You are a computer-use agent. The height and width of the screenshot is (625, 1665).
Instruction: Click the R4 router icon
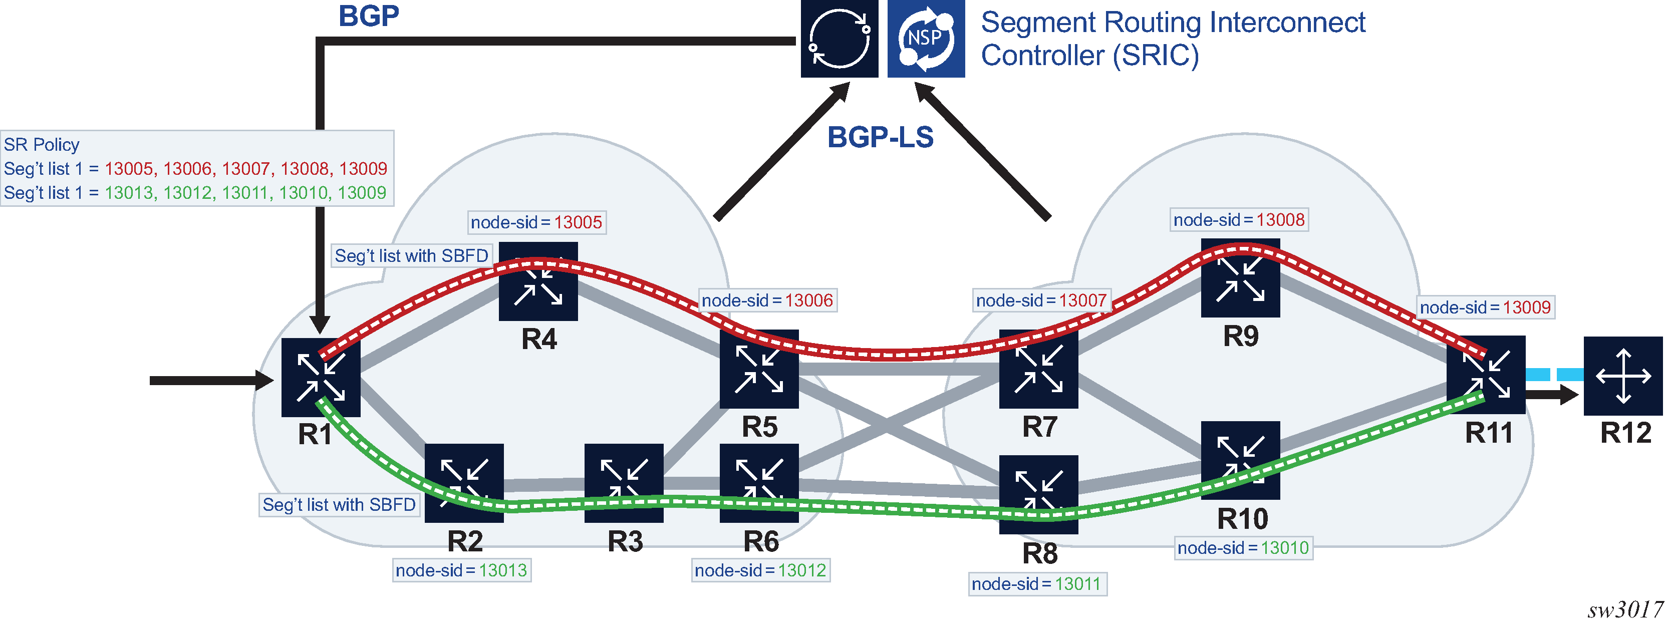[538, 282]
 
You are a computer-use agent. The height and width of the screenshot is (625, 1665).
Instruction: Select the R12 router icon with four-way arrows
[1622, 376]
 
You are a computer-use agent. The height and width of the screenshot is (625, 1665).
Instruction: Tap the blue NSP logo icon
[926, 39]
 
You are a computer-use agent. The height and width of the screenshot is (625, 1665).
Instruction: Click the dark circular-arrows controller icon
[839, 39]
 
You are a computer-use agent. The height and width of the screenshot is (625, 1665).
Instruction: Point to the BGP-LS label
[880, 138]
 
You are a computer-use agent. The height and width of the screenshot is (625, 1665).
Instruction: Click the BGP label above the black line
[369, 16]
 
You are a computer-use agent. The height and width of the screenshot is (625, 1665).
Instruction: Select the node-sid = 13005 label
[536, 222]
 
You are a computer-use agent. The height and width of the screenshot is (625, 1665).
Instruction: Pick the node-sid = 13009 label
[1485, 307]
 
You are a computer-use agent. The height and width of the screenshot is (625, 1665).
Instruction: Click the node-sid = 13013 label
[461, 571]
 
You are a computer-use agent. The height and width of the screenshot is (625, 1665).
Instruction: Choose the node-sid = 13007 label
[1041, 300]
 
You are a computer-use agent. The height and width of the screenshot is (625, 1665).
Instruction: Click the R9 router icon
[1240, 278]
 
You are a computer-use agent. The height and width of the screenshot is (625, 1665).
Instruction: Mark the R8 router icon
[1038, 494]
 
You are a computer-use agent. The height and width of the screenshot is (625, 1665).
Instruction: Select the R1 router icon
[321, 378]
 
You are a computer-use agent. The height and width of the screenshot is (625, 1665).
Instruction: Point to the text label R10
[1242, 519]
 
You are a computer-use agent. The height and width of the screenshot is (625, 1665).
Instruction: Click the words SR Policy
[42, 145]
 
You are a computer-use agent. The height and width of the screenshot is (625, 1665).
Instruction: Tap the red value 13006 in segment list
[187, 169]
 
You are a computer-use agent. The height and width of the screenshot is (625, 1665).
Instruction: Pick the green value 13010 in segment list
[303, 193]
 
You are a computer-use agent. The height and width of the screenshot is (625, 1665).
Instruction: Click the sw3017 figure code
[1625, 609]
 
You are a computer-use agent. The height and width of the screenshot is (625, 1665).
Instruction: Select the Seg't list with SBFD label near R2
[339, 505]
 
